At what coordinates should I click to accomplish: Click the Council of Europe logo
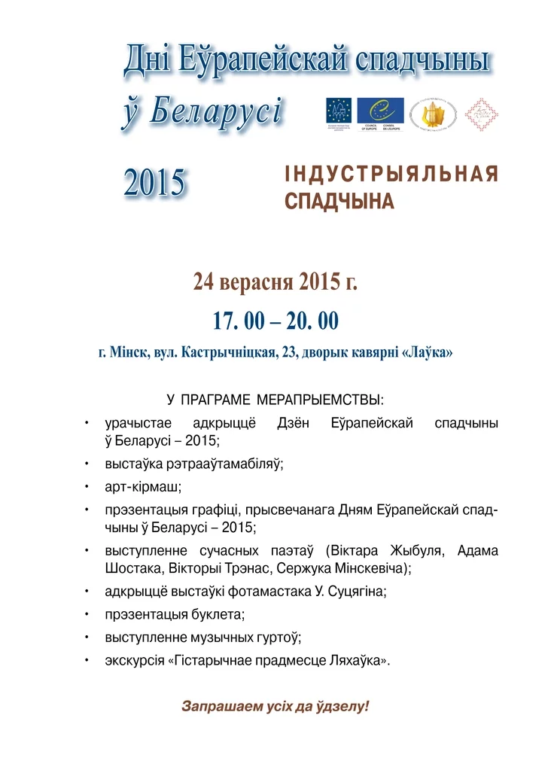pyautogui.click(x=380, y=113)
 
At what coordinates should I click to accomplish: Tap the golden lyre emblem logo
pyautogui.click(x=433, y=114)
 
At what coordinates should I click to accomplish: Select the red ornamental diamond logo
pyautogui.click(x=481, y=114)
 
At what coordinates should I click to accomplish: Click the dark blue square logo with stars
pyautogui.click(x=339, y=111)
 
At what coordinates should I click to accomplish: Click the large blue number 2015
pyautogui.click(x=154, y=183)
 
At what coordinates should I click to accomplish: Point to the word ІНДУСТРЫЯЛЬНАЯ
pyautogui.click(x=391, y=175)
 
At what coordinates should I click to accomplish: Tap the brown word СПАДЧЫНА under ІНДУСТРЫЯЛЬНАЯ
pyautogui.click(x=339, y=202)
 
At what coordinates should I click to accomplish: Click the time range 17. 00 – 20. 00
pyautogui.click(x=275, y=321)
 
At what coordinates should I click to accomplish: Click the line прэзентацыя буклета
pyautogui.click(x=175, y=614)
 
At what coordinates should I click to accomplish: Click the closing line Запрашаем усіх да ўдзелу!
pyautogui.click(x=275, y=707)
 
